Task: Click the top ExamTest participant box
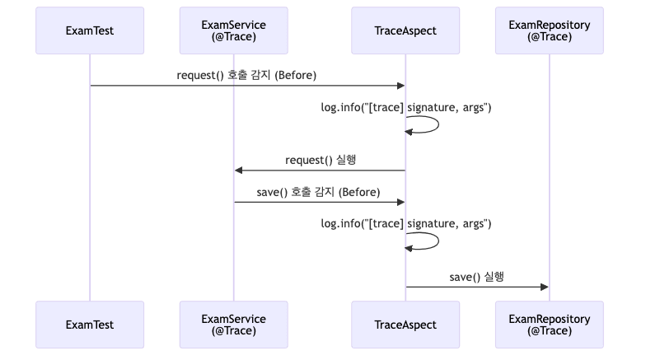90,31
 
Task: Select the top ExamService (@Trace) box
233,31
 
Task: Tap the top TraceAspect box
405,31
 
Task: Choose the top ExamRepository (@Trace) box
550,31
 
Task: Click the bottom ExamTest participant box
90,325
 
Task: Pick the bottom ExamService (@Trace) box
233,325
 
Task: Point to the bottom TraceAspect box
405,325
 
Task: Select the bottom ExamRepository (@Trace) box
550,325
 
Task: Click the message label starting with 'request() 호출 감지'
246,76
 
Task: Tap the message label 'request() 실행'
321,159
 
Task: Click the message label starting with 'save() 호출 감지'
318,192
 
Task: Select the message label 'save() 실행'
477,277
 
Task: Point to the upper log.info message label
406,107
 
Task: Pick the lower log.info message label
406,223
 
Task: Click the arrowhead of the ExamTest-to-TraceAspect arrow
401,86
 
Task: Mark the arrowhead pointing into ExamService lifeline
238,170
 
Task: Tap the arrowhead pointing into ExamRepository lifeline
545,287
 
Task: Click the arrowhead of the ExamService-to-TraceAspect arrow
401,202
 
